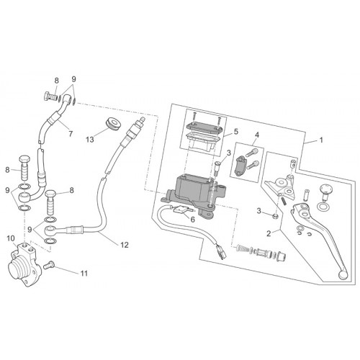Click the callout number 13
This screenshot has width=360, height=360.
(x=90, y=139)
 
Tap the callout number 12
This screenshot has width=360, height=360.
(x=125, y=245)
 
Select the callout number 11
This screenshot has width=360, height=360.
(x=84, y=274)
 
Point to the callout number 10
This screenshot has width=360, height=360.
(x=11, y=238)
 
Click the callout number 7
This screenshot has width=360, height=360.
(x=71, y=134)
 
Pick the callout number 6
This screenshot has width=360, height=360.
(x=192, y=220)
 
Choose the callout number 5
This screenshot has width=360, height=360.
(x=236, y=131)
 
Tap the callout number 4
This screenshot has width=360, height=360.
(x=257, y=135)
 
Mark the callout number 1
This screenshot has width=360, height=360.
(x=321, y=140)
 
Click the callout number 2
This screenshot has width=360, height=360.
(x=269, y=233)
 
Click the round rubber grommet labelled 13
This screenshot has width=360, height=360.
(x=113, y=123)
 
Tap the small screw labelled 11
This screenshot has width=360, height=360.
(x=49, y=265)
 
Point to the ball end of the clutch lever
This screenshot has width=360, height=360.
(x=343, y=275)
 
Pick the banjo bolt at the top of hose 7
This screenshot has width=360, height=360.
(x=51, y=98)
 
